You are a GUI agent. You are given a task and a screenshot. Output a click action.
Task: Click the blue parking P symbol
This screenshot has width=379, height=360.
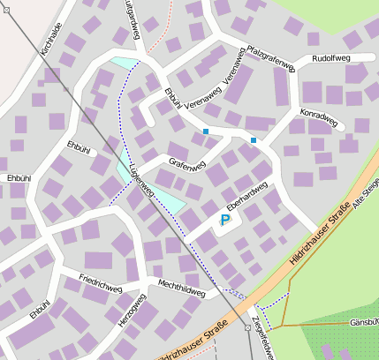[x=224, y=220]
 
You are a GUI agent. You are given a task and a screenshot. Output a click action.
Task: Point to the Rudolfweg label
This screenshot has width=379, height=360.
[x=332, y=58]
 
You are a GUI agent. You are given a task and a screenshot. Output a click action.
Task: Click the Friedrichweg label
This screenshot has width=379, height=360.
[x=100, y=285]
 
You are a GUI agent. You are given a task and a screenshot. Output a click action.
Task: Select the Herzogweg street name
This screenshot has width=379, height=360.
[x=132, y=309]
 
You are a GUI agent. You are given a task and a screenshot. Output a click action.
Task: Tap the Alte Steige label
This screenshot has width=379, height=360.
[x=365, y=193]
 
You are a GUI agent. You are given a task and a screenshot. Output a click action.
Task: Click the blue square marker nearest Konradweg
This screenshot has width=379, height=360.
[x=254, y=140]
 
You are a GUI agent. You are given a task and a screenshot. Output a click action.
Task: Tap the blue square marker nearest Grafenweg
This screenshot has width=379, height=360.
[x=206, y=131]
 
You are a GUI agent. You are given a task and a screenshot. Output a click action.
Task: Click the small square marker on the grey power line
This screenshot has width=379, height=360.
[x=247, y=327]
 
